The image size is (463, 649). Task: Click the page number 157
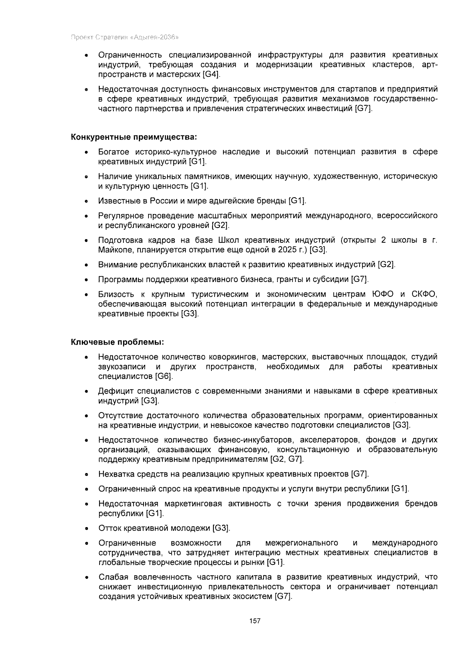(x=255, y=621)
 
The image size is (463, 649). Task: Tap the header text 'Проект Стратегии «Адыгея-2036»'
(x=125, y=38)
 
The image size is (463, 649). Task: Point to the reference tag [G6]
(x=164, y=376)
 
